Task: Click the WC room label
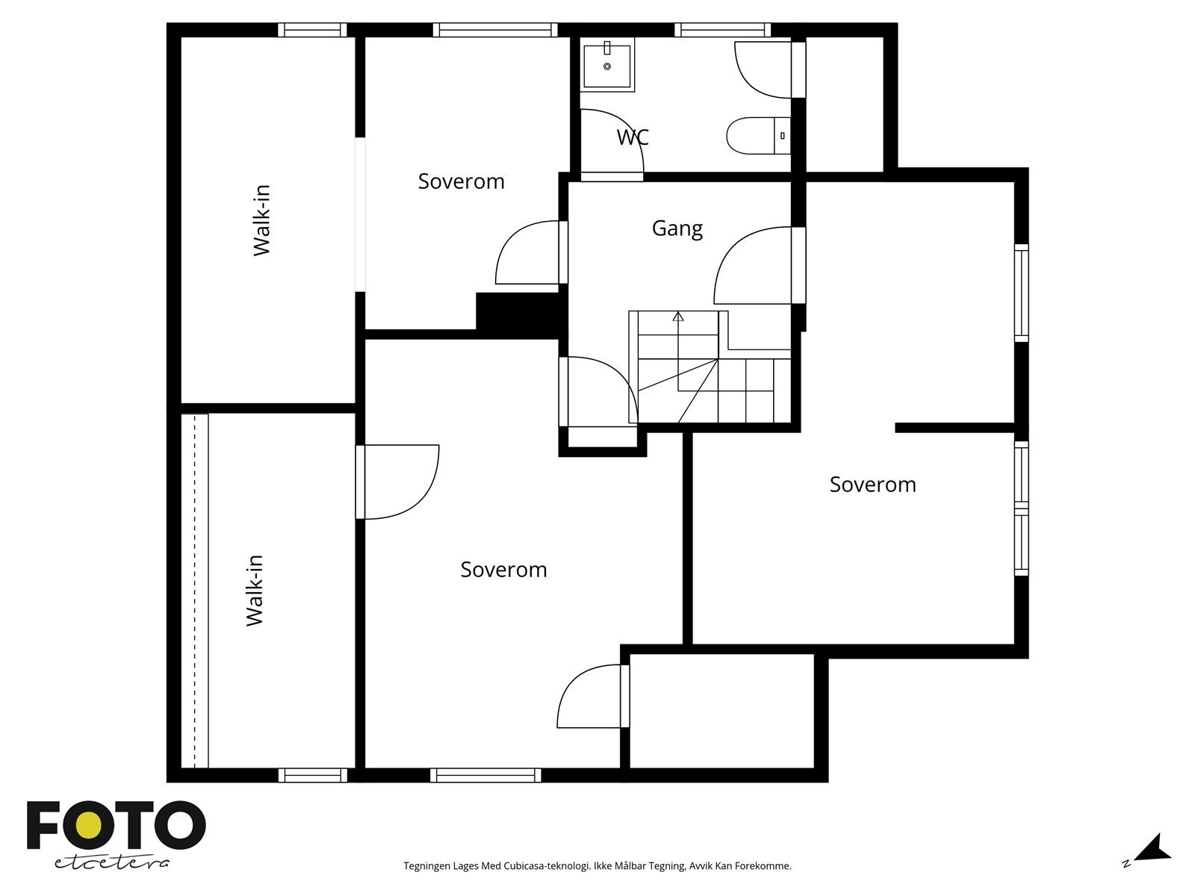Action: pos(632,137)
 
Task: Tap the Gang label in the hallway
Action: pos(677,228)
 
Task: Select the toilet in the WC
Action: pos(758,135)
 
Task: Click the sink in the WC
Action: pos(607,65)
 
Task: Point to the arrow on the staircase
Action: pos(678,351)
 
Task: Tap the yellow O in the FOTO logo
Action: pos(89,827)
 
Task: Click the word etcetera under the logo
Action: pos(111,863)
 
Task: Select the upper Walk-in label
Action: pos(262,220)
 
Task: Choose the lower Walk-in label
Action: pos(254,591)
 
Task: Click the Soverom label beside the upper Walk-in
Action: pos(461,181)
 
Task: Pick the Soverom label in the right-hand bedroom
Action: pos(872,484)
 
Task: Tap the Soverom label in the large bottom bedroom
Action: pos(503,570)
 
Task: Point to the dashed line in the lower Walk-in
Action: pos(194,591)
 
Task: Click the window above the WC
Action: pos(722,29)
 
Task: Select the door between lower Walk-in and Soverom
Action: pos(397,482)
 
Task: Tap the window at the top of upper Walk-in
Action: pos(312,29)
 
